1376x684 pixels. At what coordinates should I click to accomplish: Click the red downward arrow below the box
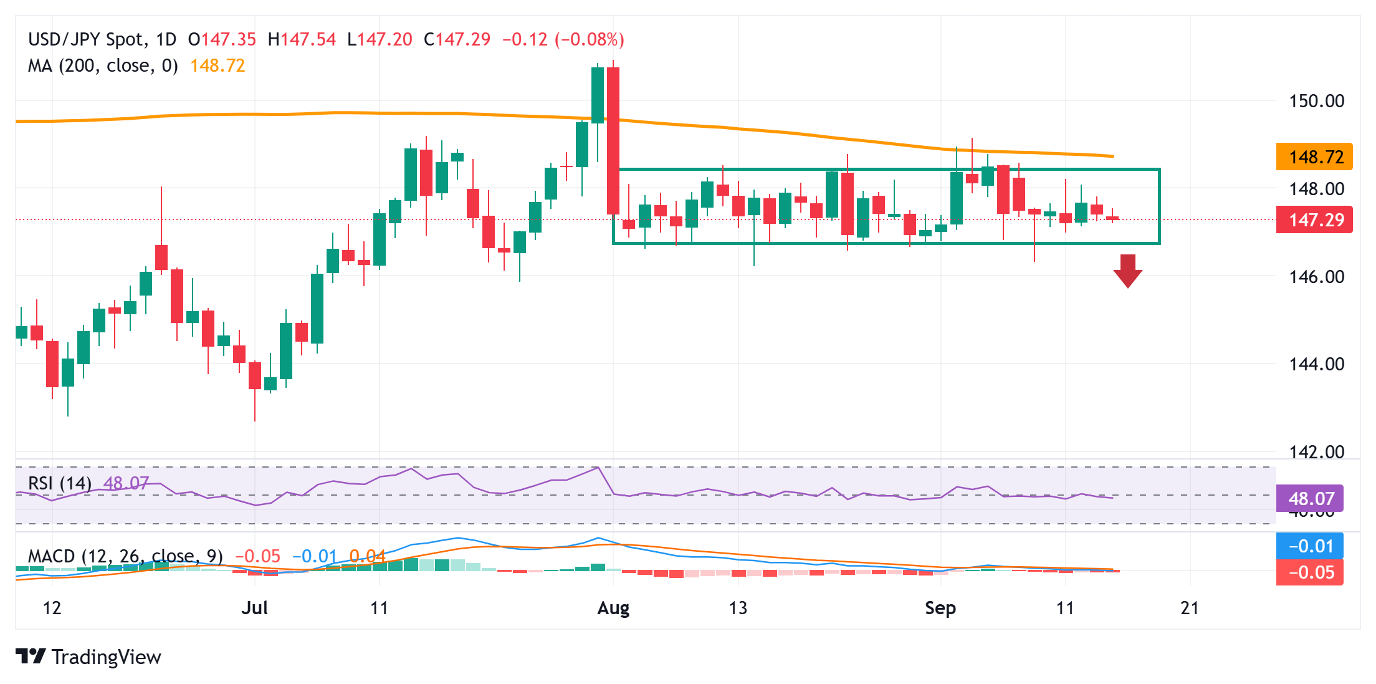click(1127, 271)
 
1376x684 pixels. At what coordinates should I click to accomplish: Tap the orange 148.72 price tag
click(1314, 157)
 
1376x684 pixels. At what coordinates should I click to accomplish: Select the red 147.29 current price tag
click(1314, 220)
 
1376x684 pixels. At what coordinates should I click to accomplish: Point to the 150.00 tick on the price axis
click(1316, 101)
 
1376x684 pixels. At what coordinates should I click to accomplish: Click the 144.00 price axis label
click(1316, 364)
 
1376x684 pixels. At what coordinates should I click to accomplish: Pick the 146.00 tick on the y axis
click(1316, 277)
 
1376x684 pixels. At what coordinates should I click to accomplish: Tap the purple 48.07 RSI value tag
click(1310, 499)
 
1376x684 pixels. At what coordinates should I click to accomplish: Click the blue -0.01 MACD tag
click(1310, 546)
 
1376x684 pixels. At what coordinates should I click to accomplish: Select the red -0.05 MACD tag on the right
click(1310, 572)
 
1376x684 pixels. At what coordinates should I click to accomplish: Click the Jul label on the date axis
click(254, 608)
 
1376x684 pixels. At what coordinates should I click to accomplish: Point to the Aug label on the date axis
click(613, 608)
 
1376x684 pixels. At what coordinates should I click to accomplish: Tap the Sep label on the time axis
click(940, 608)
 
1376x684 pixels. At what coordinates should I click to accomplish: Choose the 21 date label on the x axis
click(1190, 608)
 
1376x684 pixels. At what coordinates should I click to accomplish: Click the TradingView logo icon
click(31, 657)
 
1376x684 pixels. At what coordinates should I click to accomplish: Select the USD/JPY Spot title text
click(86, 40)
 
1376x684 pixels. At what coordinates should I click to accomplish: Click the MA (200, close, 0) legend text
click(103, 66)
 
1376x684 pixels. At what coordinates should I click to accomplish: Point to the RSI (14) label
click(60, 483)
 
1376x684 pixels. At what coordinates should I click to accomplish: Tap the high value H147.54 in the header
click(302, 40)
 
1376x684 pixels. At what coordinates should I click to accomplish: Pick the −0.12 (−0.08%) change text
click(563, 40)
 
